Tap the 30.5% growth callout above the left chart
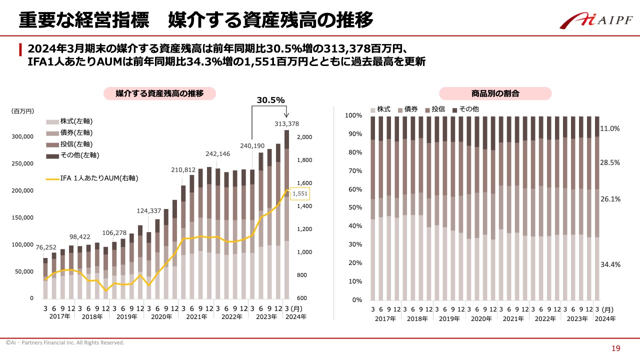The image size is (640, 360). pyautogui.click(x=270, y=100)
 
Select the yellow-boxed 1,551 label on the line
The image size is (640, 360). pyautogui.click(x=300, y=193)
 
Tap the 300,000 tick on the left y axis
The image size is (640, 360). pyautogui.click(x=23, y=136)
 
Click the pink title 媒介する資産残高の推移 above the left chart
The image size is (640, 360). pyautogui.click(x=159, y=93)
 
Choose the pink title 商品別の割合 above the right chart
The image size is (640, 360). pyautogui.click(x=495, y=93)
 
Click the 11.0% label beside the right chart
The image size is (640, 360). pyautogui.click(x=610, y=128)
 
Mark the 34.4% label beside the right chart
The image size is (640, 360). pyautogui.click(x=610, y=264)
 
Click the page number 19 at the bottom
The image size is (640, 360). pyautogui.click(x=616, y=348)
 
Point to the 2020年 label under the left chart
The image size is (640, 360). pyautogui.click(x=161, y=316)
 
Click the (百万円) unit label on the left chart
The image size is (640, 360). pyautogui.click(x=22, y=110)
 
